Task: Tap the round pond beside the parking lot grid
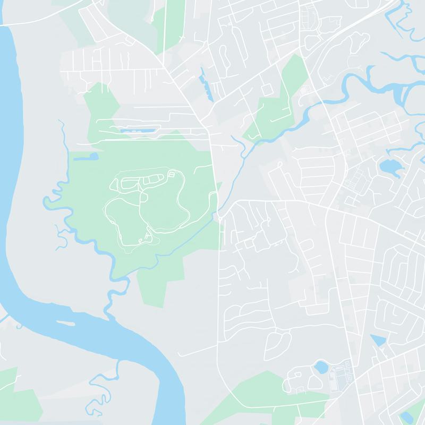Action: [x=321, y=367]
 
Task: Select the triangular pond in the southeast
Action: [x=377, y=340]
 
